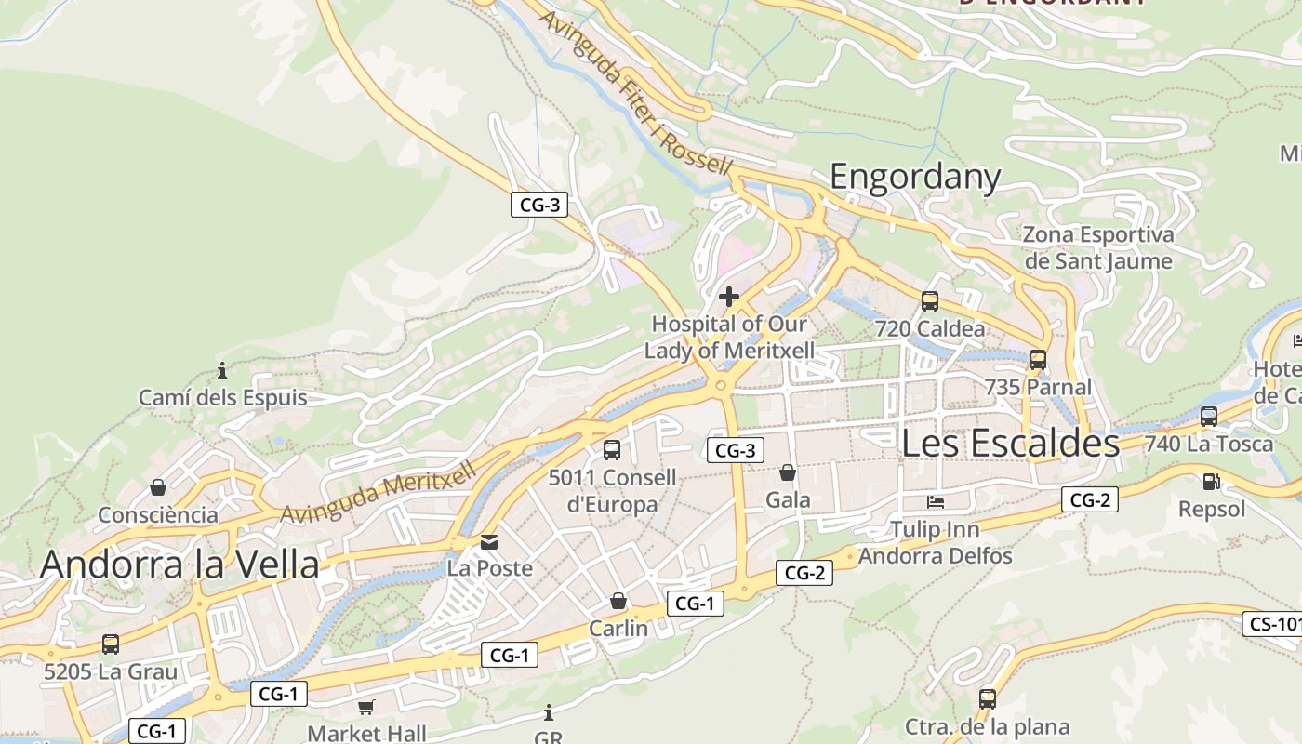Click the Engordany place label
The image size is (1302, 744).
(x=915, y=177)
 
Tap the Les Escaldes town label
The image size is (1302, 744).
(x=1010, y=444)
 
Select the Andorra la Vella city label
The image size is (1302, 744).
(x=179, y=565)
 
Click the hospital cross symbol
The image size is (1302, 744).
(x=729, y=297)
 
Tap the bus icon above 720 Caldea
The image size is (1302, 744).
(x=929, y=301)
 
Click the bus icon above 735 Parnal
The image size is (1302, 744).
(x=1038, y=359)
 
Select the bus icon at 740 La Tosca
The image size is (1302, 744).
(x=1209, y=417)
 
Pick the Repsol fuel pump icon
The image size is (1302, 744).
(x=1211, y=481)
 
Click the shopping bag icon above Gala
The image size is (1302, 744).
(x=788, y=472)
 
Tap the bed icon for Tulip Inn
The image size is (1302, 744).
(x=936, y=502)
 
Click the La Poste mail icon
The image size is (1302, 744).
(x=489, y=541)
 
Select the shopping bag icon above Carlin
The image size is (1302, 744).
(x=618, y=602)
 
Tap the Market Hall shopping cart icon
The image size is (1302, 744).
(x=366, y=707)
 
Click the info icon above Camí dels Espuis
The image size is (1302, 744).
(x=222, y=371)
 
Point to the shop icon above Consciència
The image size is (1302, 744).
(x=158, y=487)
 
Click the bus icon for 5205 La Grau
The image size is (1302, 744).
(x=110, y=644)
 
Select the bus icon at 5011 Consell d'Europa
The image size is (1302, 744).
(x=612, y=450)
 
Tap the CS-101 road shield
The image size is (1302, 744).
(x=1272, y=623)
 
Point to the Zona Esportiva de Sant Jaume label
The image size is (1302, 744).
(x=1097, y=247)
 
